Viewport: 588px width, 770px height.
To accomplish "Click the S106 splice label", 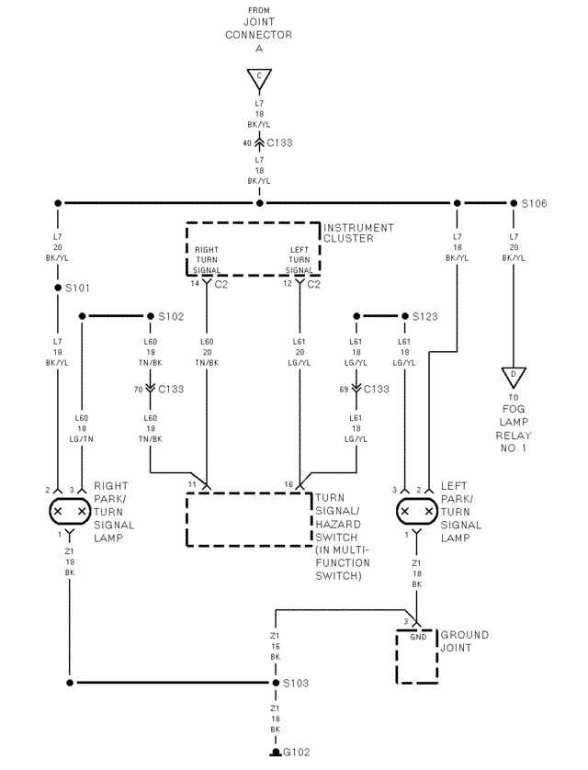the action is [x=534, y=203].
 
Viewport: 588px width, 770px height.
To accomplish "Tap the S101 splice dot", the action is [x=58, y=288].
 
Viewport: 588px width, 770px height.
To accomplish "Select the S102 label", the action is [x=171, y=317].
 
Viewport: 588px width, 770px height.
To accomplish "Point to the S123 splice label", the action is [x=424, y=317].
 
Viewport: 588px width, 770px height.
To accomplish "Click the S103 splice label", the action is [x=296, y=683].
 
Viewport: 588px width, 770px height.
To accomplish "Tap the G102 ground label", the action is [x=297, y=753].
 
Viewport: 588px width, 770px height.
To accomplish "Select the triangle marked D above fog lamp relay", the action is [x=514, y=377].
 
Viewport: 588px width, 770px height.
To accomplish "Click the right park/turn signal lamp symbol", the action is [x=70, y=511].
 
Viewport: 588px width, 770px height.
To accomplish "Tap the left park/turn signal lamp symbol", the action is [x=417, y=511].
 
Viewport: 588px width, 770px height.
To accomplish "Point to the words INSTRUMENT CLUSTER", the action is [x=358, y=233].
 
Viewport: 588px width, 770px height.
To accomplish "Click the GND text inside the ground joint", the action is [x=418, y=637].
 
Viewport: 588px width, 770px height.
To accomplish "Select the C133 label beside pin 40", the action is [x=279, y=143].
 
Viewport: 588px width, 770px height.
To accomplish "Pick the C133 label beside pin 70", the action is [x=171, y=390].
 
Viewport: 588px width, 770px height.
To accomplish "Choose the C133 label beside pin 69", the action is [x=377, y=390].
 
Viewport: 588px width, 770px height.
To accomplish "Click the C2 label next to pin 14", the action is [x=220, y=284].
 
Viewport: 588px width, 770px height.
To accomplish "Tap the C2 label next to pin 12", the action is [x=313, y=284].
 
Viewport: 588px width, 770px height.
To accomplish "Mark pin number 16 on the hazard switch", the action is [x=288, y=484].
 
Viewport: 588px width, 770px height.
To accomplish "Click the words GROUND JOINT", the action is [x=464, y=641].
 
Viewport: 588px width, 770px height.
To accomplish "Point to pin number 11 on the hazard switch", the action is [x=192, y=484].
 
